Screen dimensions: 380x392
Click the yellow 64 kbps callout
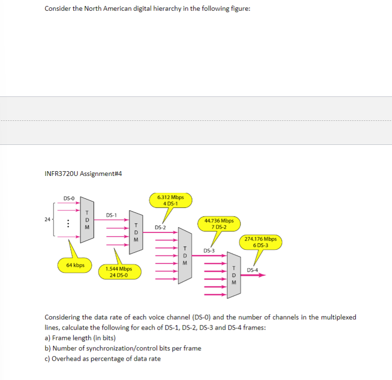click(x=75, y=265)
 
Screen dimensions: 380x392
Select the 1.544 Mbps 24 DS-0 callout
click(x=118, y=272)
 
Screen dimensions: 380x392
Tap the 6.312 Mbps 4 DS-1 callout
click(x=170, y=200)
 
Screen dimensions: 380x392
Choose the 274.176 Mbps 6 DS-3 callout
click(x=261, y=242)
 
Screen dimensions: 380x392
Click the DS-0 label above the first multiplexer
click(x=69, y=198)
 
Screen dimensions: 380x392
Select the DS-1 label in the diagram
click(x=111, y=215)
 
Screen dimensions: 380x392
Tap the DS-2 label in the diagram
click(x=160, y=228)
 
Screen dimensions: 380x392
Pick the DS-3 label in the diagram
click(x=209, y=251)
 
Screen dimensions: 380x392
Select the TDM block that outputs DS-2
click(x=136, y=233)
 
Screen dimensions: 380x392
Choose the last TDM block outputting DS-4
click(x=234, y=275)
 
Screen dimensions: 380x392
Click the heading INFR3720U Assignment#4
click(x=83, y=174)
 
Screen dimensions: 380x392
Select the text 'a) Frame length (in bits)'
click(x=80, y=338)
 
